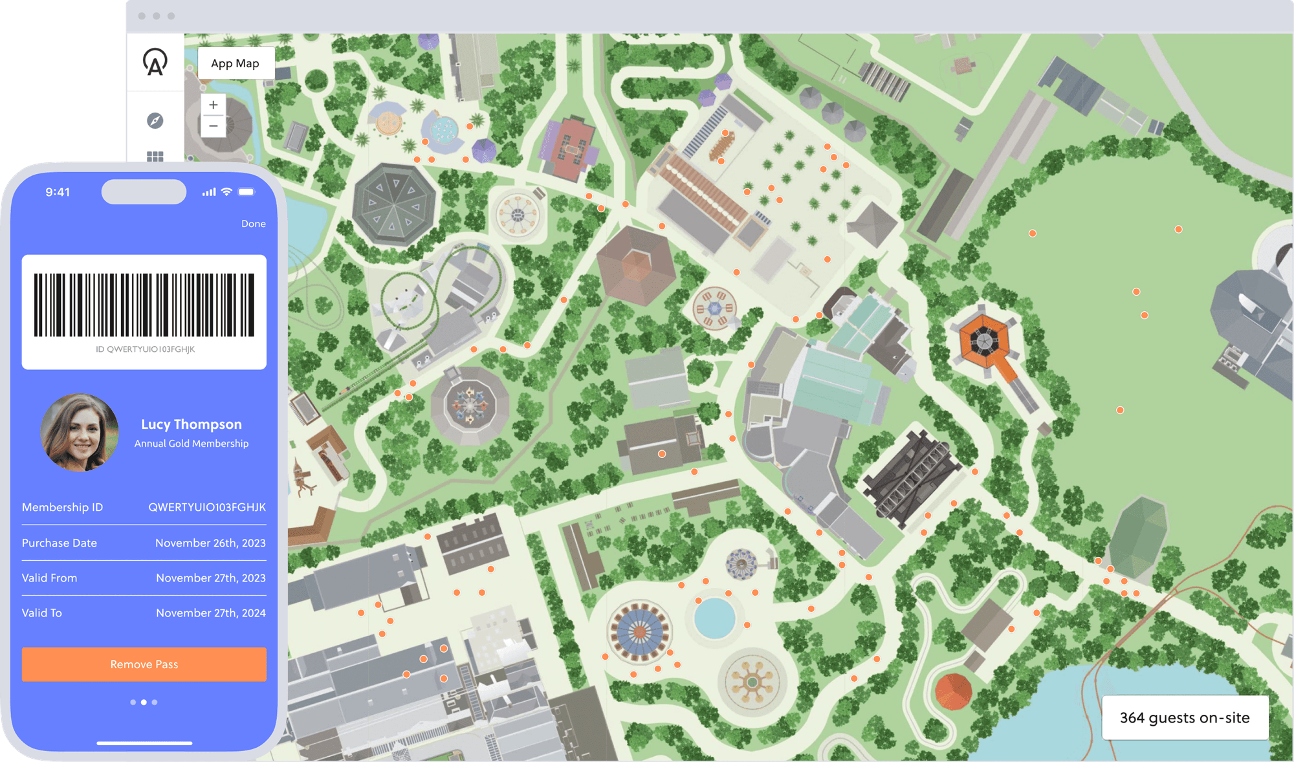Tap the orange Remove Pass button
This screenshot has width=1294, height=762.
pyautogui.click(x=144, y=664)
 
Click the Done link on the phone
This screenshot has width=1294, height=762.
pyautogui.click(x=253, y=224)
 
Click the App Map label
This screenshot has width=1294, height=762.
pyautogui.click(x=235, y=63)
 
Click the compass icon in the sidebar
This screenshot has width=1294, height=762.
pyautogui.click(x=155, y=120)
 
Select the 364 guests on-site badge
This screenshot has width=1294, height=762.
pyautogui.click(x=1184, y=718)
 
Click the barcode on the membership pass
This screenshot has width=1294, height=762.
pyautogui.click(x=144, y=305)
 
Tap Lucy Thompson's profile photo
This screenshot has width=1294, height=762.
pyautogui.click(x=80, y=432)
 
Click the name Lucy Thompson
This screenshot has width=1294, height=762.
pyautogui.click(x=192, y=424)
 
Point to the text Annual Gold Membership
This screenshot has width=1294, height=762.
pyautogui.click(x=192, y=444)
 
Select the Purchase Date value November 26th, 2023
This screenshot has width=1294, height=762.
pyautogui.click(x=210, y=543)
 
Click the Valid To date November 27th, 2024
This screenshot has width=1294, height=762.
pyautogui.click(x=210, y=613)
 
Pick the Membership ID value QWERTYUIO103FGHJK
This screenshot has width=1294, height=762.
pyautogui.click(x=207, y=508)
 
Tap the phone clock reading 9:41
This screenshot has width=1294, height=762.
pyautogui.click(x=58, y=192)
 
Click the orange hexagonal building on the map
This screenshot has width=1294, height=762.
pyautogui.click(x=983, y=340)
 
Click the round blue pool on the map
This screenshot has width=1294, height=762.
pyautogui.click(x=714, y=618)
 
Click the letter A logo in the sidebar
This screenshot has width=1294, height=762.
pyautogui.click(x=155, y=63)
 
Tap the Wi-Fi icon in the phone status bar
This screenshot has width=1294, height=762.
pyautogui.click(x=226, y=192)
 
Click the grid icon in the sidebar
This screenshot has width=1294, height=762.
pyautogui.click(x=155, y=156)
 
